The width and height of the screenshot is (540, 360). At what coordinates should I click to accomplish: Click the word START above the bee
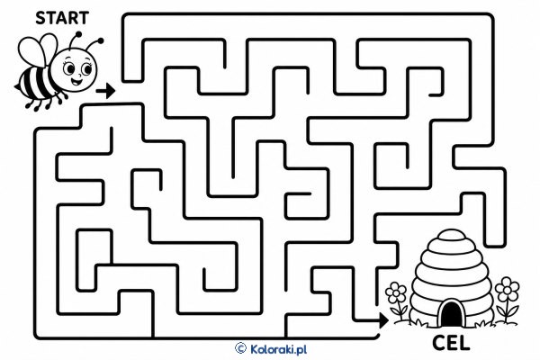(62, 18)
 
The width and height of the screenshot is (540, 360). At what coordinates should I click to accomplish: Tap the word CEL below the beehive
(451, 343)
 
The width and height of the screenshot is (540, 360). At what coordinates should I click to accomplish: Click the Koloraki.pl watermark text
(278, 349)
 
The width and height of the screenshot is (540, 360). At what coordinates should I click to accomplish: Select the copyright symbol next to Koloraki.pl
(240, 348)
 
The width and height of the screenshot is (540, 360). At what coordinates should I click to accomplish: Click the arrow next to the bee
(105, 91)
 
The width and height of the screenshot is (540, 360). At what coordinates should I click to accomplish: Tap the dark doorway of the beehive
(452, 313)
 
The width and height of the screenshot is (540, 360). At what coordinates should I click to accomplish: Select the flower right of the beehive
(506, 300)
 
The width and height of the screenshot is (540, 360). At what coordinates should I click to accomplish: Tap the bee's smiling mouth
(76, 82)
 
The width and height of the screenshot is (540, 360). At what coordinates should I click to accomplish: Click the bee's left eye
(69, 69)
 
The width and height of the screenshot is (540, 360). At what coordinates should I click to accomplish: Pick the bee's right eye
(87, 69)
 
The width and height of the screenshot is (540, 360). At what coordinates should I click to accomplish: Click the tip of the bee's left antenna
(78, 34)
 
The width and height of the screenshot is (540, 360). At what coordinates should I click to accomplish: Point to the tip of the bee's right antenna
(101, 40)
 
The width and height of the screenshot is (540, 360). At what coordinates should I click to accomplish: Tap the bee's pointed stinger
(16, 86)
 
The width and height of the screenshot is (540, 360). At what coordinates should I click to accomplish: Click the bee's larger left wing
(31, 51)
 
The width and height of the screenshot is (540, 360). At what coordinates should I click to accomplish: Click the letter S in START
(40, 18)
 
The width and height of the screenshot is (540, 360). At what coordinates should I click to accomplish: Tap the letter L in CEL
(464, 343)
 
